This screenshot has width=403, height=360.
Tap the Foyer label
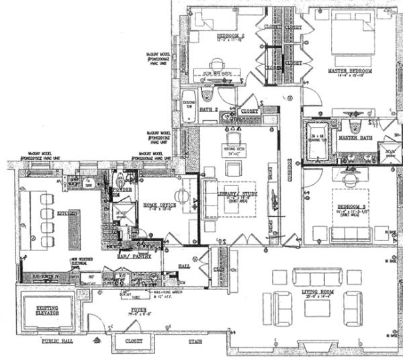(x=140, y=311)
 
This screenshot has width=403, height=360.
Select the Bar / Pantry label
(x=147, y=256)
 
